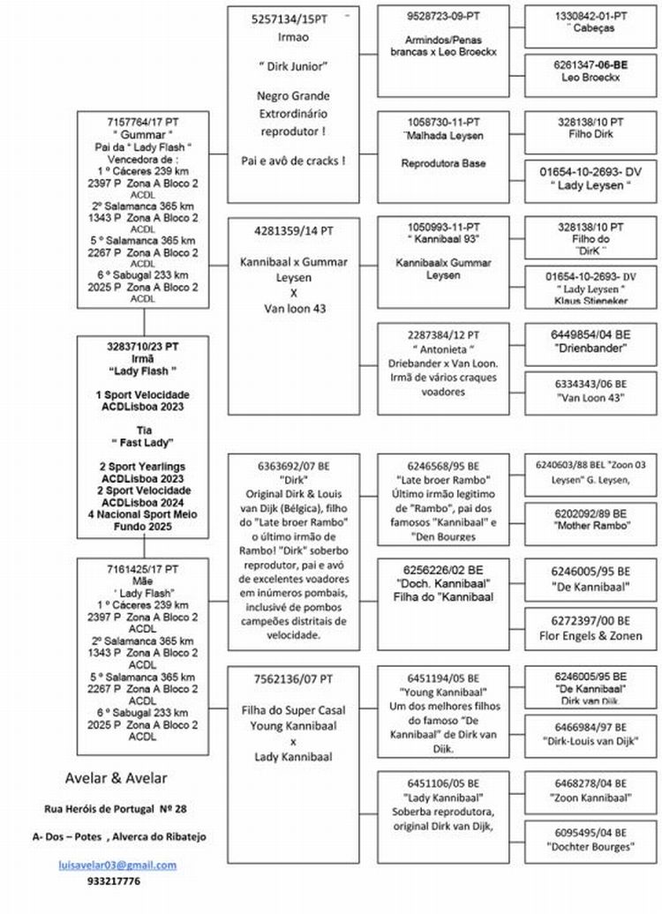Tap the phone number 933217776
click(x=114, y=880)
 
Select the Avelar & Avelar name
click(x=116, y=777)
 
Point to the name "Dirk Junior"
click(x=292, y=66)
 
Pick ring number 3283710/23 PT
click(x=143, y=346)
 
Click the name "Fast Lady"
click(x=143, y=442)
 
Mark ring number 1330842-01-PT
click(x=591, y=16)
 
